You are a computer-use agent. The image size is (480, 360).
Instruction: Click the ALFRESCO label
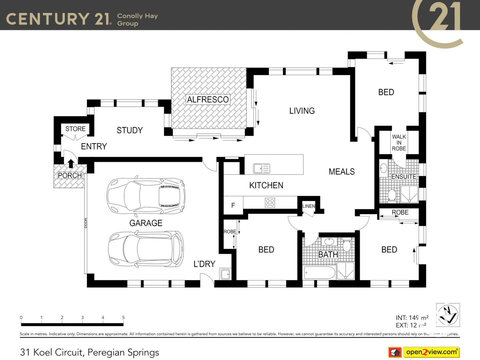pyautogui.click(x=208, y=100)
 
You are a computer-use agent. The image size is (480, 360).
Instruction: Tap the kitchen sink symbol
pyautogui.click(x=261, y=168)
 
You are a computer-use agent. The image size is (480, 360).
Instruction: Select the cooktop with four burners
pyautogui.click(x=270, y=203)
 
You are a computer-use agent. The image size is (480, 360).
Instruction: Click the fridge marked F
pyautogui.click(x=233, y=205)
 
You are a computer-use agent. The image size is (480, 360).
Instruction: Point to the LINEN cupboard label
pyautogui.click(x=308, y=206)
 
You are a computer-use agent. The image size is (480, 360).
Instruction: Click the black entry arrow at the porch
pyautogui.click(x=71, y=163)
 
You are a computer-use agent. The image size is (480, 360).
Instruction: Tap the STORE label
pyautogui.click(x=75, y=129)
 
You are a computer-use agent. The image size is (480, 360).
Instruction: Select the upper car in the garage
pyautogui.click(x=146, y=196)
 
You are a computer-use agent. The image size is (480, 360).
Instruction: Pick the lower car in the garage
pyautogui.click(x=146, y=249)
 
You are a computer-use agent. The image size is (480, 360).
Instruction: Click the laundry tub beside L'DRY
pyautogui.click(x=225, y=274)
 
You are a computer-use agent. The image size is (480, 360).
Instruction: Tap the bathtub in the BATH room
pyautogui.click(x=319, y=273)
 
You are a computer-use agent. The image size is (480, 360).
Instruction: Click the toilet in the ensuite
pyautogui.click(x=392, y=195)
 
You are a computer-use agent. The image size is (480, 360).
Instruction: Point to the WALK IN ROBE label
pyautogui.click(x=399, y=143)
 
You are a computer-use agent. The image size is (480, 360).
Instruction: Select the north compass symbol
pyautogui.click(x=448, y=315)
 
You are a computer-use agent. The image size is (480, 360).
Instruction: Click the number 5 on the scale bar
pyautogui.click(x=123, y=318)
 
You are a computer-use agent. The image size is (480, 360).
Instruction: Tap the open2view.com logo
pyautogui.click(x=431, y=352)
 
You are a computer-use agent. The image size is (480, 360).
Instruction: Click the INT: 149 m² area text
pyautogui.click(x=412, y=318)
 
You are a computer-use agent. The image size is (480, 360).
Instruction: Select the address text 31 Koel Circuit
pyautogui.click(x=89, y=352)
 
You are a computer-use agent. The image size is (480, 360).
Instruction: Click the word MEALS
pyautogui.click(x=342, y=172)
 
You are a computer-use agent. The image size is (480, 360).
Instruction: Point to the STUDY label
pyautogui.click(x=130, y=130)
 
